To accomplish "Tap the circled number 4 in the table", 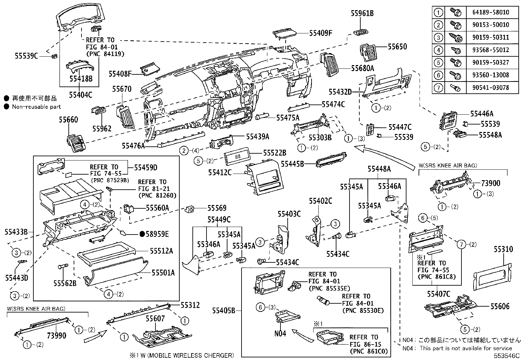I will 438,50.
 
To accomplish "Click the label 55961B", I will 362,13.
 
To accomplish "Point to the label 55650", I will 397,47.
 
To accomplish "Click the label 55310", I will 503,249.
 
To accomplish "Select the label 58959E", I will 157,234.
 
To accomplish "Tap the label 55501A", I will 163,273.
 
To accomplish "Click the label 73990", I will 56,335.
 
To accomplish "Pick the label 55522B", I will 275,153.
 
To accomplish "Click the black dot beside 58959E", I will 142,234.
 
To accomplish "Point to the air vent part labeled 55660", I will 76,143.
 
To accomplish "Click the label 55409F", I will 321,33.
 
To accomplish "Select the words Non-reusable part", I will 36,106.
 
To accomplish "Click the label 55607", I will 155,318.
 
